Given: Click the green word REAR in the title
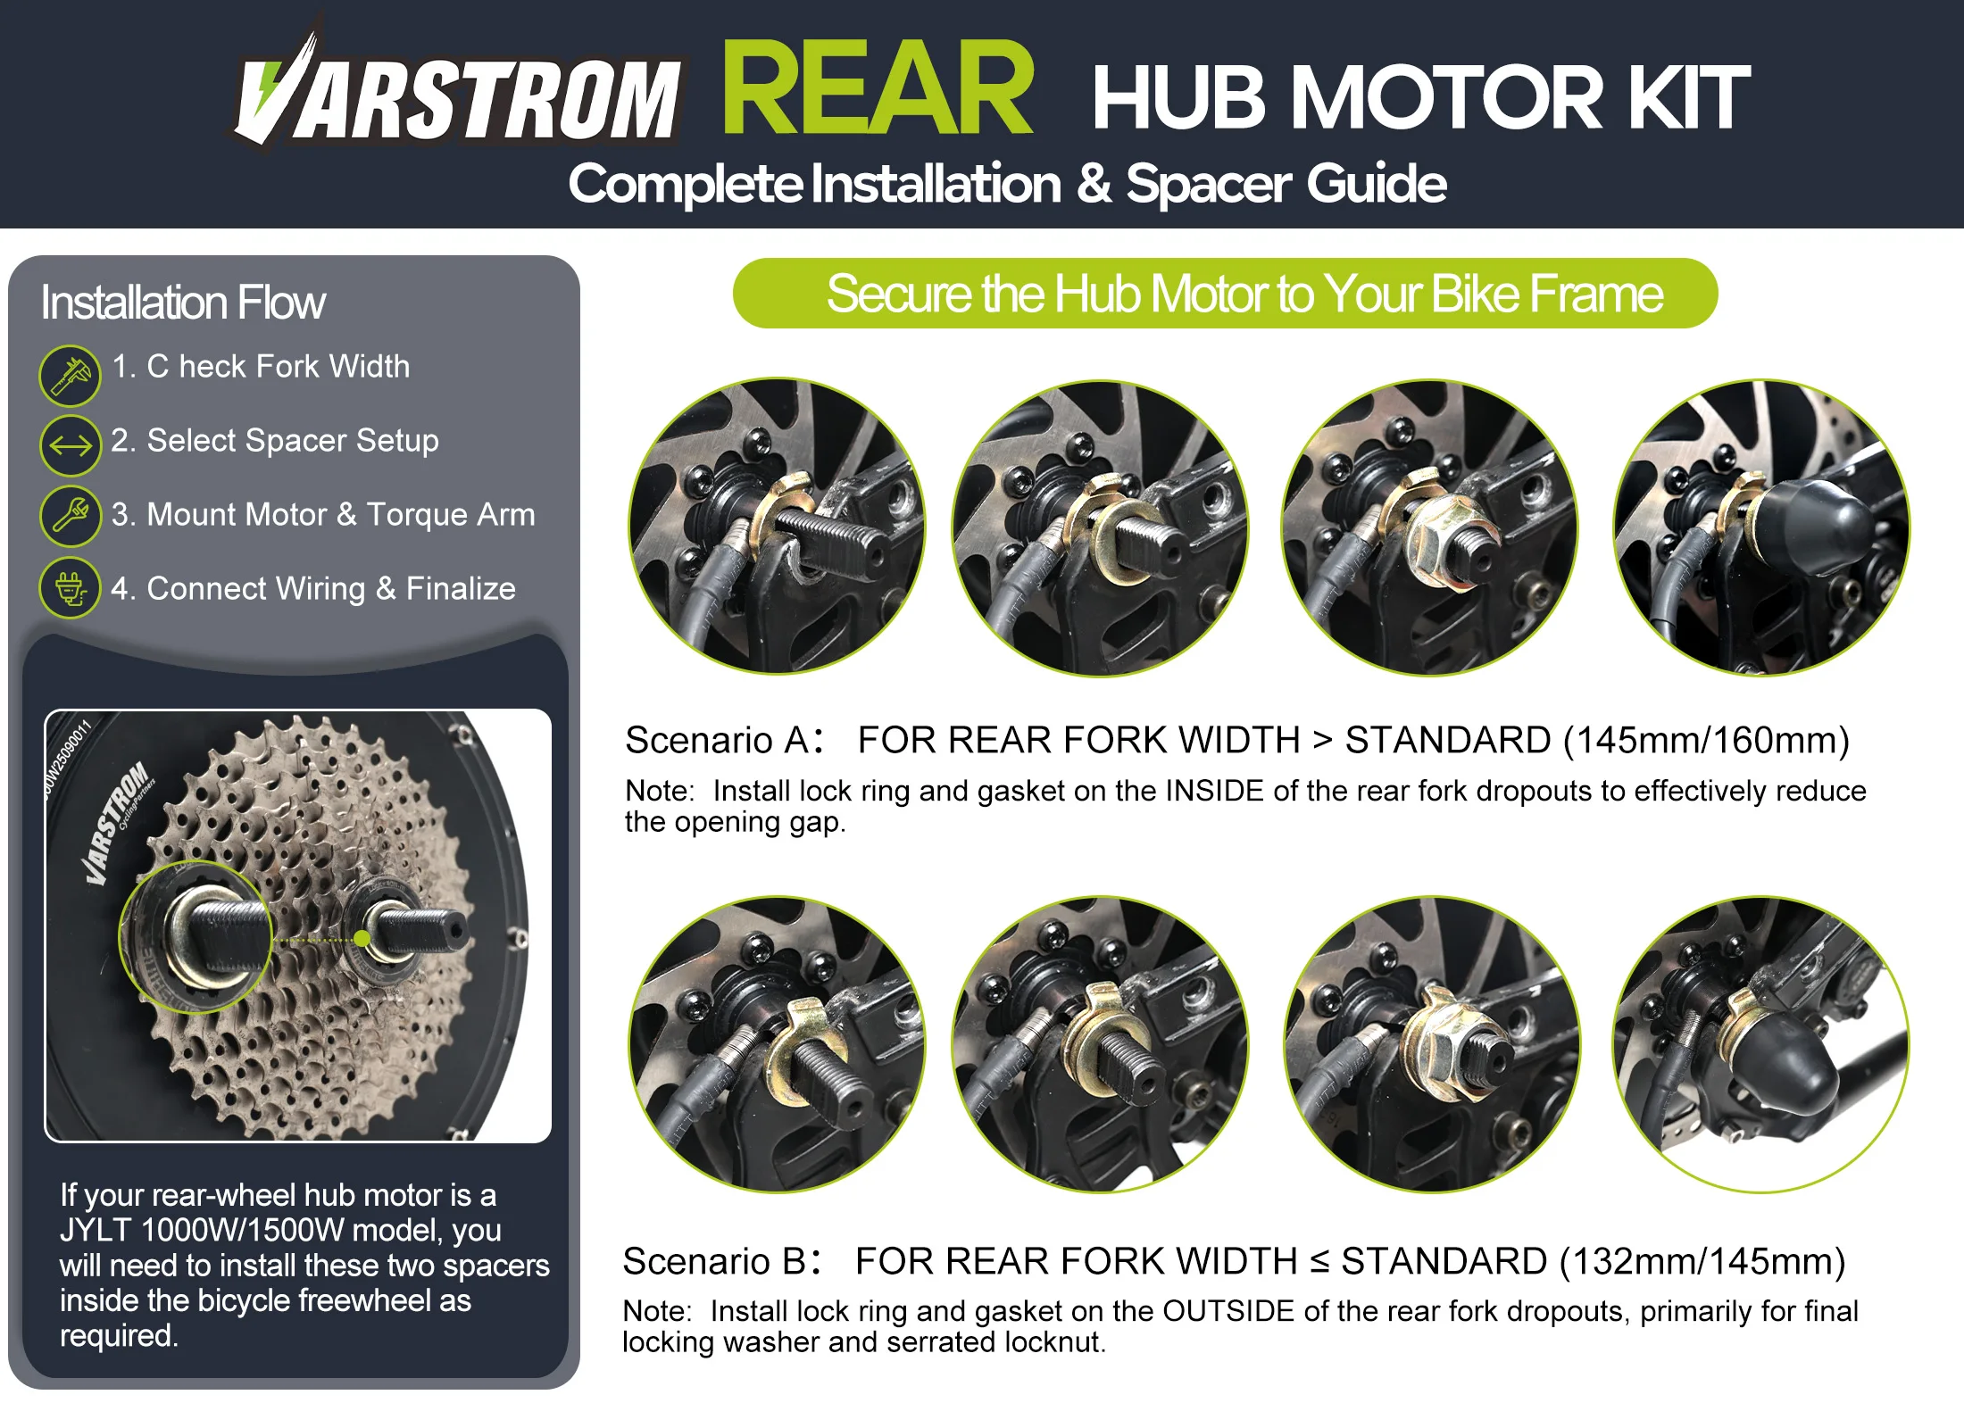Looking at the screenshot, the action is click(x=878, y=88).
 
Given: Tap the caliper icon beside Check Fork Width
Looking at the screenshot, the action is click(x=71, y=376).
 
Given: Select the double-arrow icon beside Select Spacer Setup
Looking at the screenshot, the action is click(x=71, y=444).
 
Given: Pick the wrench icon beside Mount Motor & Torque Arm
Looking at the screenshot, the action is click(x=71, y=516).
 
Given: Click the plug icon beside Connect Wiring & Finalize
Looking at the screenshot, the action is click(x=71, y=588).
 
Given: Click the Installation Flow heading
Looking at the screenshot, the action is click(x=183, y=303).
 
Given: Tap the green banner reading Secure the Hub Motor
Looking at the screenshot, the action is click(x=1225, y=294).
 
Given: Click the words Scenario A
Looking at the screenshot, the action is click(x=718, y=740).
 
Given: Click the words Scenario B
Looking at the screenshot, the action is click(x=716, y=1261).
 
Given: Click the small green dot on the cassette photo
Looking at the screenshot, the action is click(x=362, y=938).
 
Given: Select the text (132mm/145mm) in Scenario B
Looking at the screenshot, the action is click(x=1702, y=1261).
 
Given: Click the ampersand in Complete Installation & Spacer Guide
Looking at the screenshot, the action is click(x=1094, y=184).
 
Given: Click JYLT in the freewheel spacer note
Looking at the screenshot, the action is click(x=96, y=1231).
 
